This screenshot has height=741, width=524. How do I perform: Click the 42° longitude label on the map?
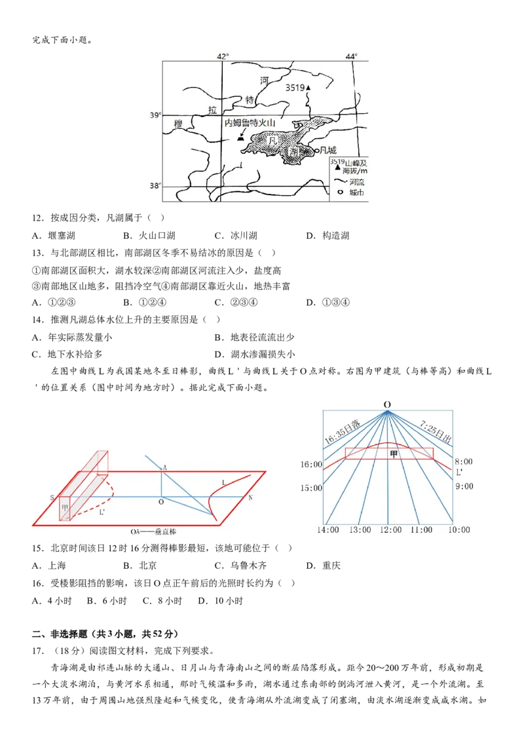(x=223, y=56)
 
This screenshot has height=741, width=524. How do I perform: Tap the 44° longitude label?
(x=352, y=56)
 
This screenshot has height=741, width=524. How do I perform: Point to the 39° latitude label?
(x=155, y=115)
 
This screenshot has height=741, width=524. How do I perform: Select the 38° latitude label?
(x=155, y=185)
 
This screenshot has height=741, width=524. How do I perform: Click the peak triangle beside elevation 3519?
(x=308, y=87)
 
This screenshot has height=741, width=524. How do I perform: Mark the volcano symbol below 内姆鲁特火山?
(x=240, y=137)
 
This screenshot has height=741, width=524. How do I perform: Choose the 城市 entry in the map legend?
(x=350, y=193)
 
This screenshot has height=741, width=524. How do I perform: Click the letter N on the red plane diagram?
(x=250, y=497)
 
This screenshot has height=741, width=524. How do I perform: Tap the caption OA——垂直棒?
(x=153, y=532)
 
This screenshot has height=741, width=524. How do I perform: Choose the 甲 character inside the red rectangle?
(x=393, y=453)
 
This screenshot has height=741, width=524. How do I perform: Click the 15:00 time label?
(x=311, y=488)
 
